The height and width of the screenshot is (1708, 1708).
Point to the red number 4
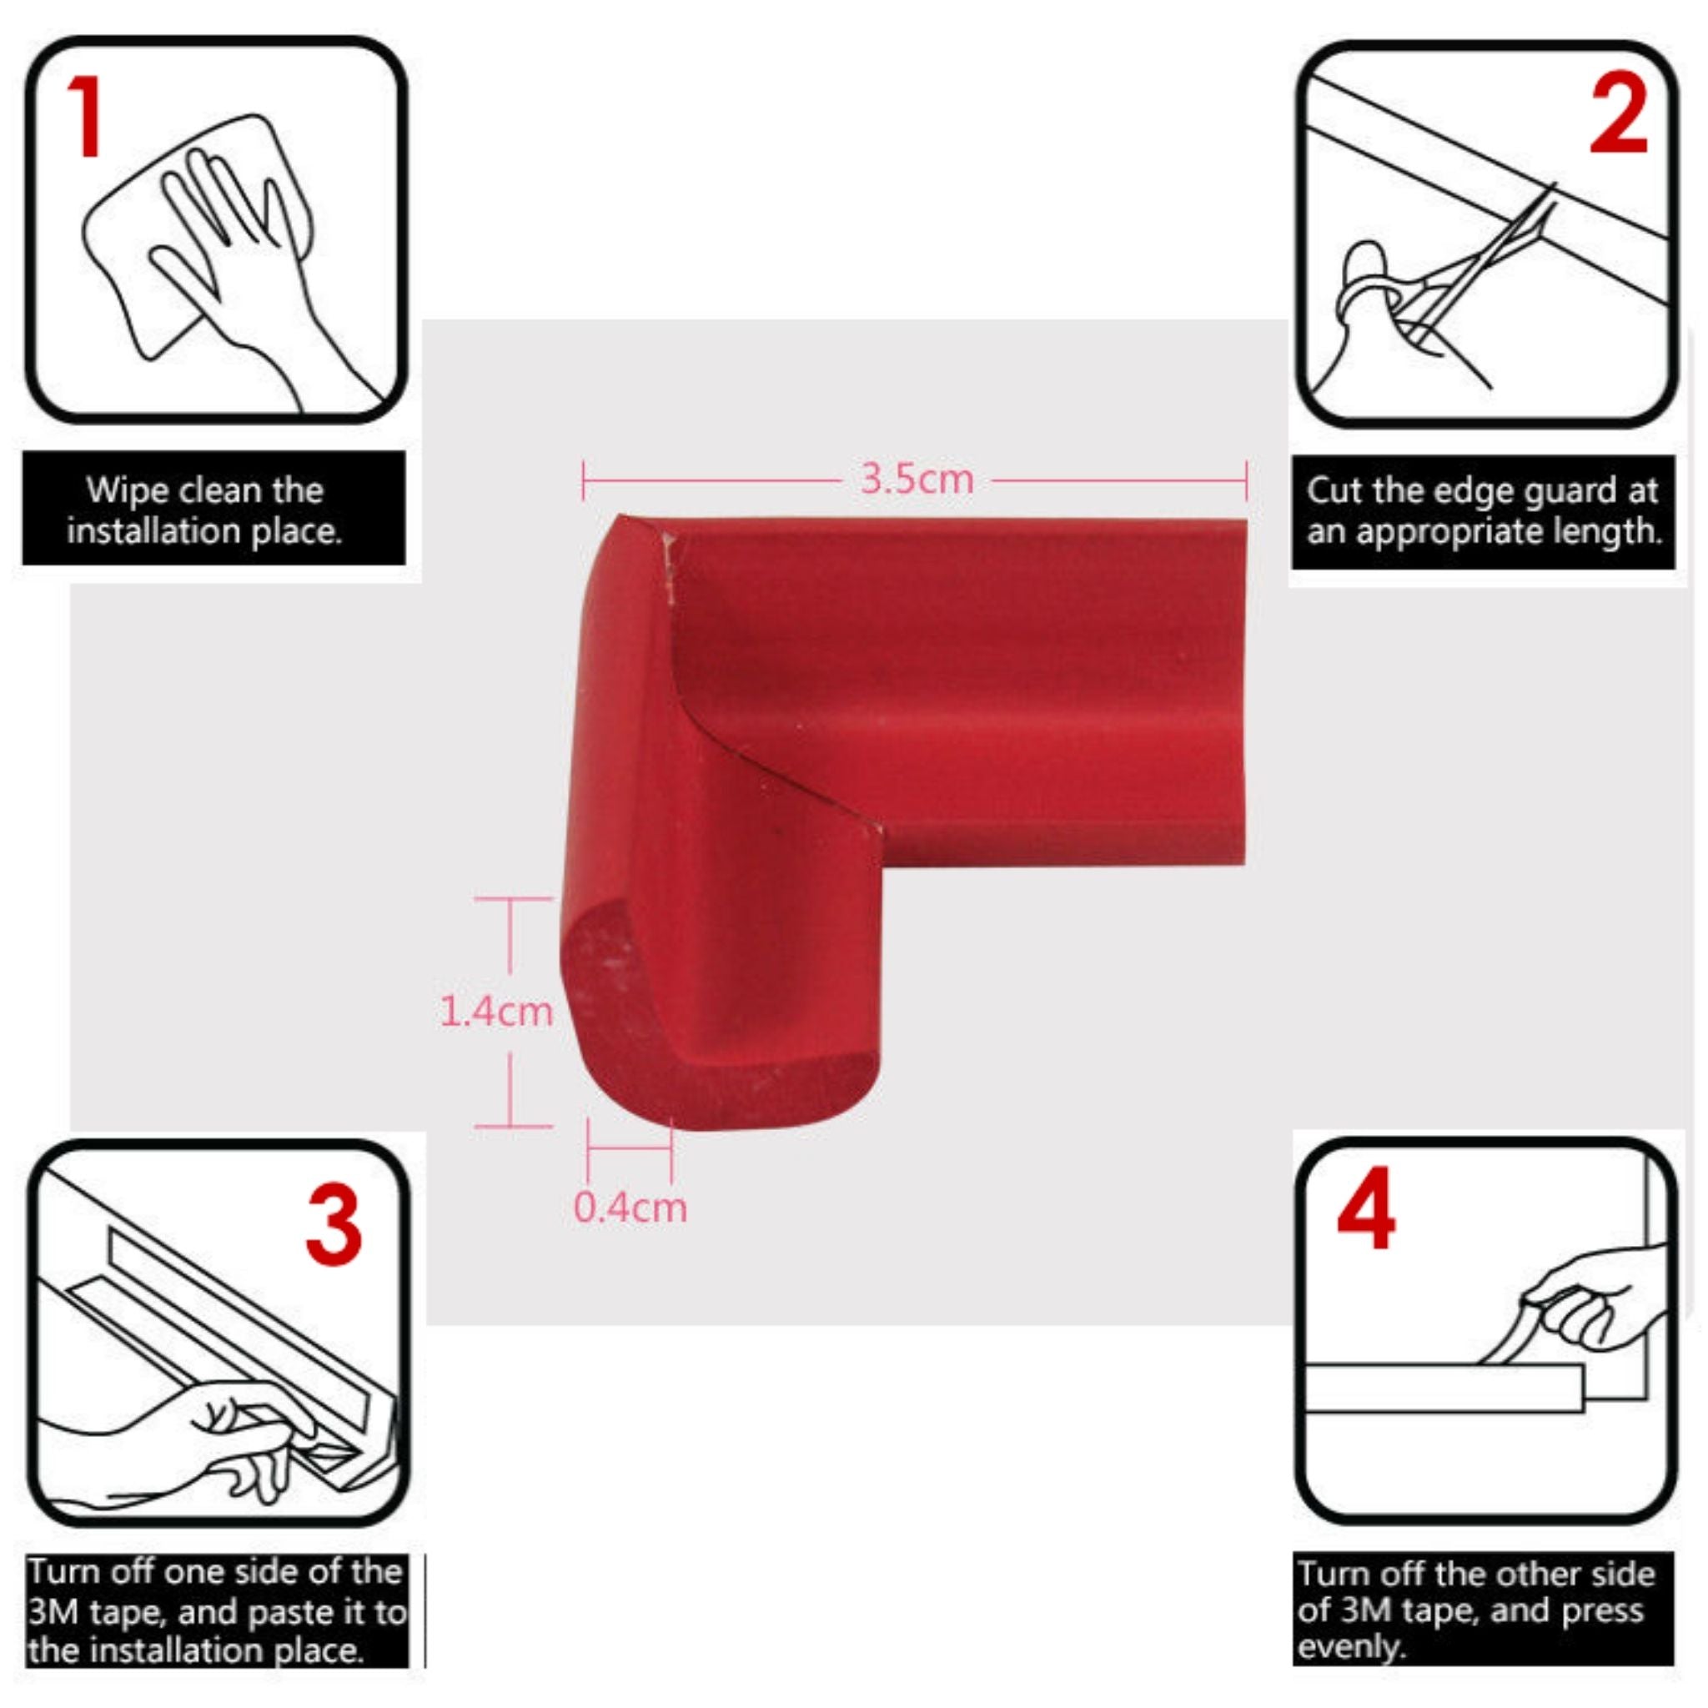click(1366, 1208)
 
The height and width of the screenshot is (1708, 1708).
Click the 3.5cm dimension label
click(917, 480)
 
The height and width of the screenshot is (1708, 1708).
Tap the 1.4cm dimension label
click(496, 1012)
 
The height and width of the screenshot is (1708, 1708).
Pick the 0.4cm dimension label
click(630, 1207)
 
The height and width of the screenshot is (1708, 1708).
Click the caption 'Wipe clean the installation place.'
click(204, 510)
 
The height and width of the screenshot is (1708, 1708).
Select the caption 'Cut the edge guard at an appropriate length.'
click(1483, 510)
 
